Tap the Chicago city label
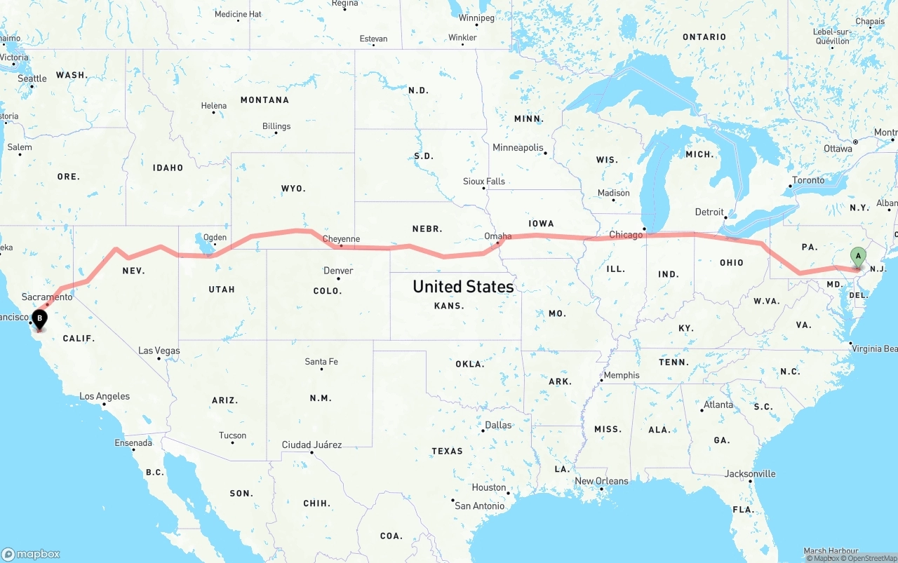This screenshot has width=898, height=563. click(x=626, y=235)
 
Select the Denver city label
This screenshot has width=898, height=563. click(x=338, y=271)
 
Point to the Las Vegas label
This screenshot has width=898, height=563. click(x=159, y=351)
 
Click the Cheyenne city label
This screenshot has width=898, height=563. click(x=341, y=239)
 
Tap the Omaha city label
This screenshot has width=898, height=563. click(x=497, y=236)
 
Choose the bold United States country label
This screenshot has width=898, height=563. click(x=463, y=286)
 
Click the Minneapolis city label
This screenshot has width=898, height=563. click(x=518, y=148)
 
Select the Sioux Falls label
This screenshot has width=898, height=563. click(x=484, y=182)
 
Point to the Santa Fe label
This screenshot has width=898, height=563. click(x=321, y=362)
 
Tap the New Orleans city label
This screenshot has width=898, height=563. click(x=601, y=481)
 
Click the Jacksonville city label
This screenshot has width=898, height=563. click(x=750, y=474)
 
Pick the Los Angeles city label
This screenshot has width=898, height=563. click(x=105, y=396)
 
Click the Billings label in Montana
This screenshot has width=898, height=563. click(x=276, y=126)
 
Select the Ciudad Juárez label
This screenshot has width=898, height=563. click(x=311, y=445)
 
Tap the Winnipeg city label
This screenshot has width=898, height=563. click(x=476, y=18)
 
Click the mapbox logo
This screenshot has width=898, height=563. click(x=31, y=554)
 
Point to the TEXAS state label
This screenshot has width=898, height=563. click(x=447, y=451)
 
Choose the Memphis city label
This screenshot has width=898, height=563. click(x=622, y=375)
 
